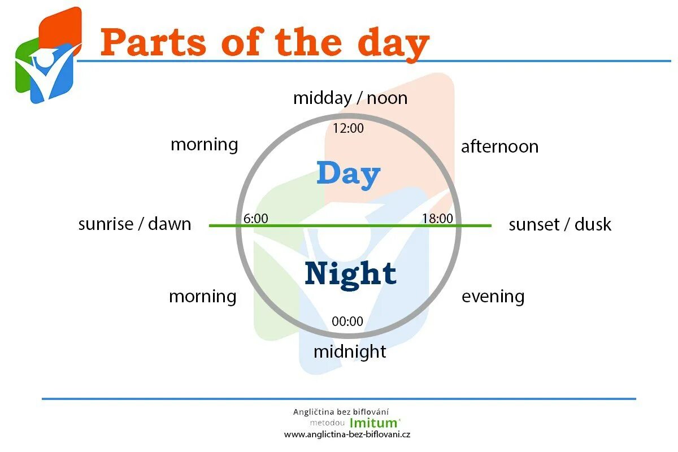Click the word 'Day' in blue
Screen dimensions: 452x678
(348, 174)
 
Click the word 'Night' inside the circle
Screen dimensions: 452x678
(350, 273)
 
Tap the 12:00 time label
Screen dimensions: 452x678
(348, 128)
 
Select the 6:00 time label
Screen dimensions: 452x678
(255, 218)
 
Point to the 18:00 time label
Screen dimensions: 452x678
(437, 218)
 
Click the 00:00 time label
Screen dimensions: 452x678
(347, 321)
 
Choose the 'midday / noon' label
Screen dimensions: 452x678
(350, 98)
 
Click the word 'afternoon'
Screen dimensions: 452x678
(499, 147)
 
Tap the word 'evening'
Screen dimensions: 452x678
(493, 296)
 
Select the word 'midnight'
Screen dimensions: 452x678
(350, 351)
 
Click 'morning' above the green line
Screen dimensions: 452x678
(204, 144)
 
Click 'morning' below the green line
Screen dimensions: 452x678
(202, 296)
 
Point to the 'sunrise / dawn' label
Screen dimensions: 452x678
(134, 224)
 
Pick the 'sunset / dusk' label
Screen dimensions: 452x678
(559, 224)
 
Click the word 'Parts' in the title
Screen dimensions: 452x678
(154, 43)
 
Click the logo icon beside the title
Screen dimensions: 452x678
(47, 56)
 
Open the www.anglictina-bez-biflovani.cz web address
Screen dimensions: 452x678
(347, 434)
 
